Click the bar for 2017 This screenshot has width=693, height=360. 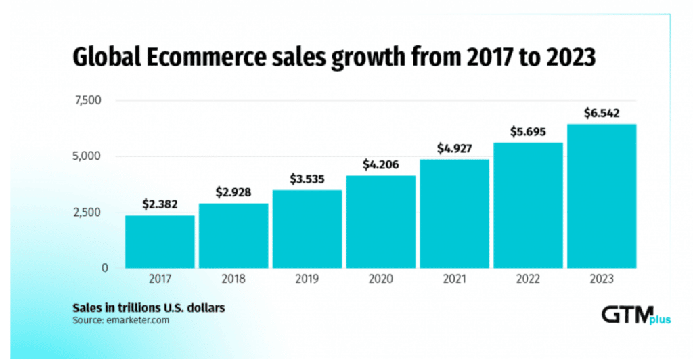click(160, 242)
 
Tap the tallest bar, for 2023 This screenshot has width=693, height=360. click(602, 196)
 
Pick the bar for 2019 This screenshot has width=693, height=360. click(307, 229)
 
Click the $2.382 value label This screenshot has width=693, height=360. click(160, 204)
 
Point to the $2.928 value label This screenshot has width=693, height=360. click(233, 192)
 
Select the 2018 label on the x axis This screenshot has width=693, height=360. click(233, 277)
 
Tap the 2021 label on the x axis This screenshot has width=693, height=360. click(454, 277)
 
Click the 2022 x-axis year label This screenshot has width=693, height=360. click(528, 277)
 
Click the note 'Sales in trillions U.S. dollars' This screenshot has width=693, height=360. click(149, 307)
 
